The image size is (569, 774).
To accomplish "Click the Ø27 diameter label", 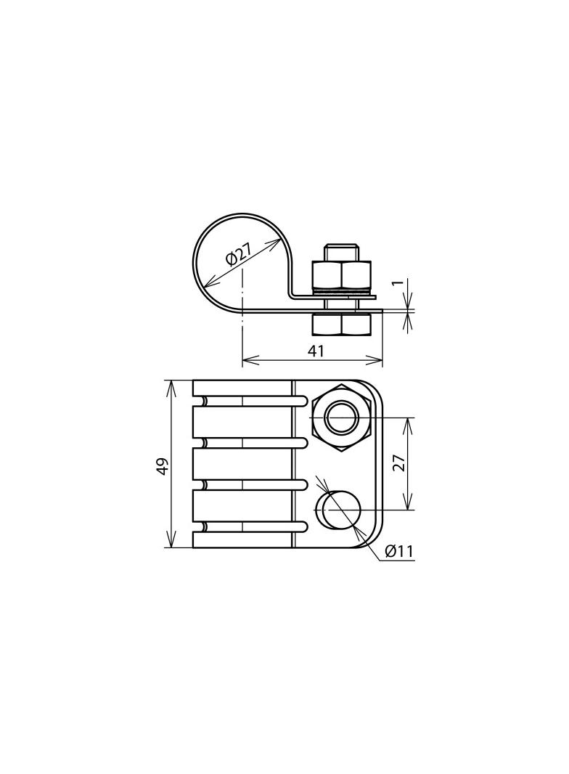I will (x=239, y=255).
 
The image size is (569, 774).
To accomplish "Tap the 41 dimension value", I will (x=316, y=351).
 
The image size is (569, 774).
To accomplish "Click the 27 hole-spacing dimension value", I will (x=398, y=463).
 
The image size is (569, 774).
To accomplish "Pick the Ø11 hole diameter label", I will (x=398, y=551).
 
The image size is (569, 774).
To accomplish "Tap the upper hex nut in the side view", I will (x=342, y=274).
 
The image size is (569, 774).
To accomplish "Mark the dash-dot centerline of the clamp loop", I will (x=242, y=290).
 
